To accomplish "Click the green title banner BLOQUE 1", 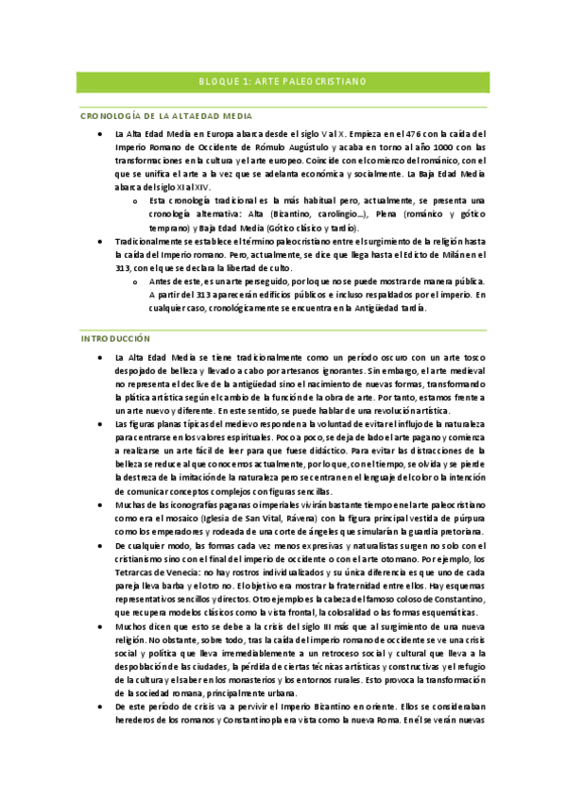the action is click(x=283, y=82).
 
